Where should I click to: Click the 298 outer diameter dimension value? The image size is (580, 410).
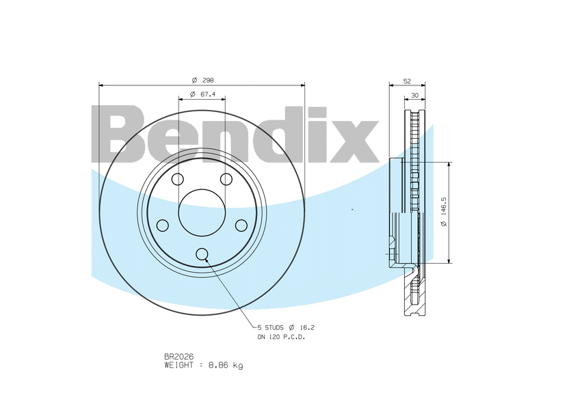coord(208,80)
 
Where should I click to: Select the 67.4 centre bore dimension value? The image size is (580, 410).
coord(208,94)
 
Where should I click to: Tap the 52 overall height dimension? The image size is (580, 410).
coord(407,81)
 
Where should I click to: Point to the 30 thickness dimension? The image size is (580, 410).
coord(414,96)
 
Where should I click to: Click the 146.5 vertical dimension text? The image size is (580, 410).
coord(444,206)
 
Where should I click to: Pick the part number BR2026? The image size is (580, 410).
coord(179,357)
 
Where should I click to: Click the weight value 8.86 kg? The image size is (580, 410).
coord(226,366)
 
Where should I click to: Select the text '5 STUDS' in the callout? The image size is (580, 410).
coord(270,327)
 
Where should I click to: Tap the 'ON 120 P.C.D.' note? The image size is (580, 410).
coord(281,337)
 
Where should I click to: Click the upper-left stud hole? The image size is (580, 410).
coord(178,179)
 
